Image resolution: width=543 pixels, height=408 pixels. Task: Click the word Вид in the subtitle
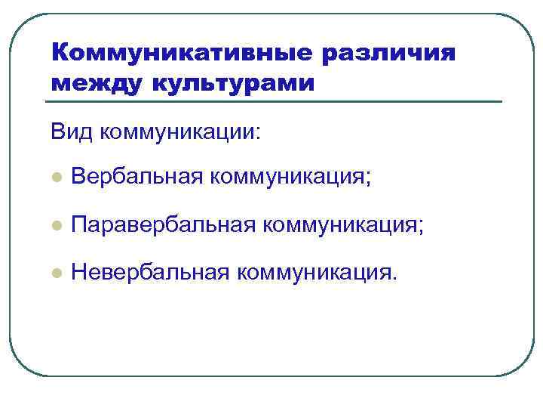(x=71, y=132)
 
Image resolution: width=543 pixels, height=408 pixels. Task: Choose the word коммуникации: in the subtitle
(x=180, y=132)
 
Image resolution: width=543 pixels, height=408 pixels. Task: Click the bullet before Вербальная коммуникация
(x=55, y=178)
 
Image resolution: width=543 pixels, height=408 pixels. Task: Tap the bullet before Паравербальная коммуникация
(x=55, y=226)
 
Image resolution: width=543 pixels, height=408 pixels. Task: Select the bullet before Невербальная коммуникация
(x=55, y=273)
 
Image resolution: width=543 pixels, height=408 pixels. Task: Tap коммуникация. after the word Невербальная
(x=315, y=271)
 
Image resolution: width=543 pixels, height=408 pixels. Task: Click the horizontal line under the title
(x=275, y=102)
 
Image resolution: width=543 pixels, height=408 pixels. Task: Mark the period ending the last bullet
(x=392, y=277)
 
